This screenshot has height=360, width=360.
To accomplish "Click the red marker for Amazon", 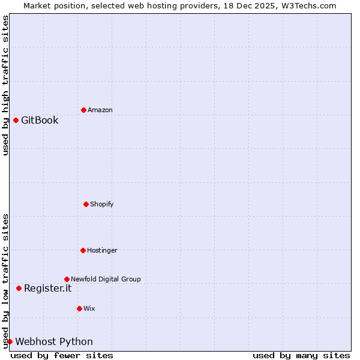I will click(x=83, y=110).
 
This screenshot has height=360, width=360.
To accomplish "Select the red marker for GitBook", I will click(x=16, y=120).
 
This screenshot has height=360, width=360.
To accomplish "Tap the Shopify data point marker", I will click(x=86, y=204).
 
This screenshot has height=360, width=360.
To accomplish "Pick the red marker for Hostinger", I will click(x=83, y=250).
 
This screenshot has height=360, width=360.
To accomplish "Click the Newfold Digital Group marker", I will click(x=67, y=279).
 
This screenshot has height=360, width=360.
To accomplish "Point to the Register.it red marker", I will click(x=19, y=288).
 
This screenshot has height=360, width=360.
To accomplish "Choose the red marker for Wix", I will click(x=79, y=308).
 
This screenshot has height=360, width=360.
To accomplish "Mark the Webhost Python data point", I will click(x=10, y=341).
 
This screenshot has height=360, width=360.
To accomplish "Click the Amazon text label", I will click(x=100, y=110).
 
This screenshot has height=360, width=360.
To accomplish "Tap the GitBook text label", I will click(x=40, y=120).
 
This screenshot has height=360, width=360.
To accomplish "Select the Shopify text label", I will click(x=102, y=204).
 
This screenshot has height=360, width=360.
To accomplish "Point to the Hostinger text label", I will click(x=102, y=250).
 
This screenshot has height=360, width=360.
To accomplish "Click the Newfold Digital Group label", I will click(x=106, y=279).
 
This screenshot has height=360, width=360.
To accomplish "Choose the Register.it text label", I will click(x=47, y=288).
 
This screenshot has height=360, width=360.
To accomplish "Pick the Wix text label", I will click(x=89, y=308).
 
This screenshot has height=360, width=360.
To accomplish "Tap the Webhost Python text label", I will click(x=54, y=341).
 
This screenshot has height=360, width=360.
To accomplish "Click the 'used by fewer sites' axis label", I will click(x=62, y=355).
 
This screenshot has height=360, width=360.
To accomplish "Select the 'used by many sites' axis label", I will click(x=301, y=355).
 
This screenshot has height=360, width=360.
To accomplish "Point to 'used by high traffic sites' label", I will click(x=5, y=85).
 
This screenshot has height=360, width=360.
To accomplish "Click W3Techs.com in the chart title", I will click(x=305, y=5).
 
